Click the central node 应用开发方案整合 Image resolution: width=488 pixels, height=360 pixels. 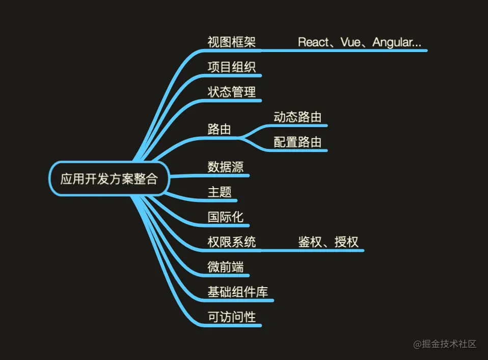click(x=109, y=179)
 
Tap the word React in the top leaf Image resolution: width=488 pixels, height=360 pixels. click(x=313, y=42)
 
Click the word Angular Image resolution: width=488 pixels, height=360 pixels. click(x=392, y=42)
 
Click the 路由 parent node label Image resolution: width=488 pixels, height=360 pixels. click(x=219, y=129)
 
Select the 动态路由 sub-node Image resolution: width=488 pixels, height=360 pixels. click(x=297, y=117)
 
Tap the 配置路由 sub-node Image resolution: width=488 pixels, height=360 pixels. click(x=297, y=142)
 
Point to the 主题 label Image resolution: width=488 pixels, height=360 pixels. click(x=220, y=192)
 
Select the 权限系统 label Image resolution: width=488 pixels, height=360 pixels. click(x=232, y=242)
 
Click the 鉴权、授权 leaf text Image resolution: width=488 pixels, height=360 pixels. click(x=329, y=242)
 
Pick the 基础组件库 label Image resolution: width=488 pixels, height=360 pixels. click(x=238, y=292)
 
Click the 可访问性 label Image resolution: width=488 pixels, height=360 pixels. click(x=232, y=317)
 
